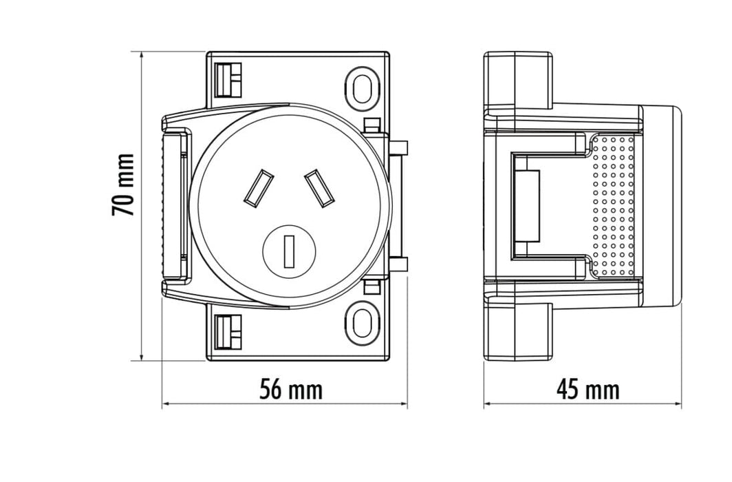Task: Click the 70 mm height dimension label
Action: (x=124, y=185)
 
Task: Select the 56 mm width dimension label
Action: (x=291, y=390)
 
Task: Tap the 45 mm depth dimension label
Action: (x=588, y=390)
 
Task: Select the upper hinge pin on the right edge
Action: (x=402, y=147)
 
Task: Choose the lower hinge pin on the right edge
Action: (x=402, y=263)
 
